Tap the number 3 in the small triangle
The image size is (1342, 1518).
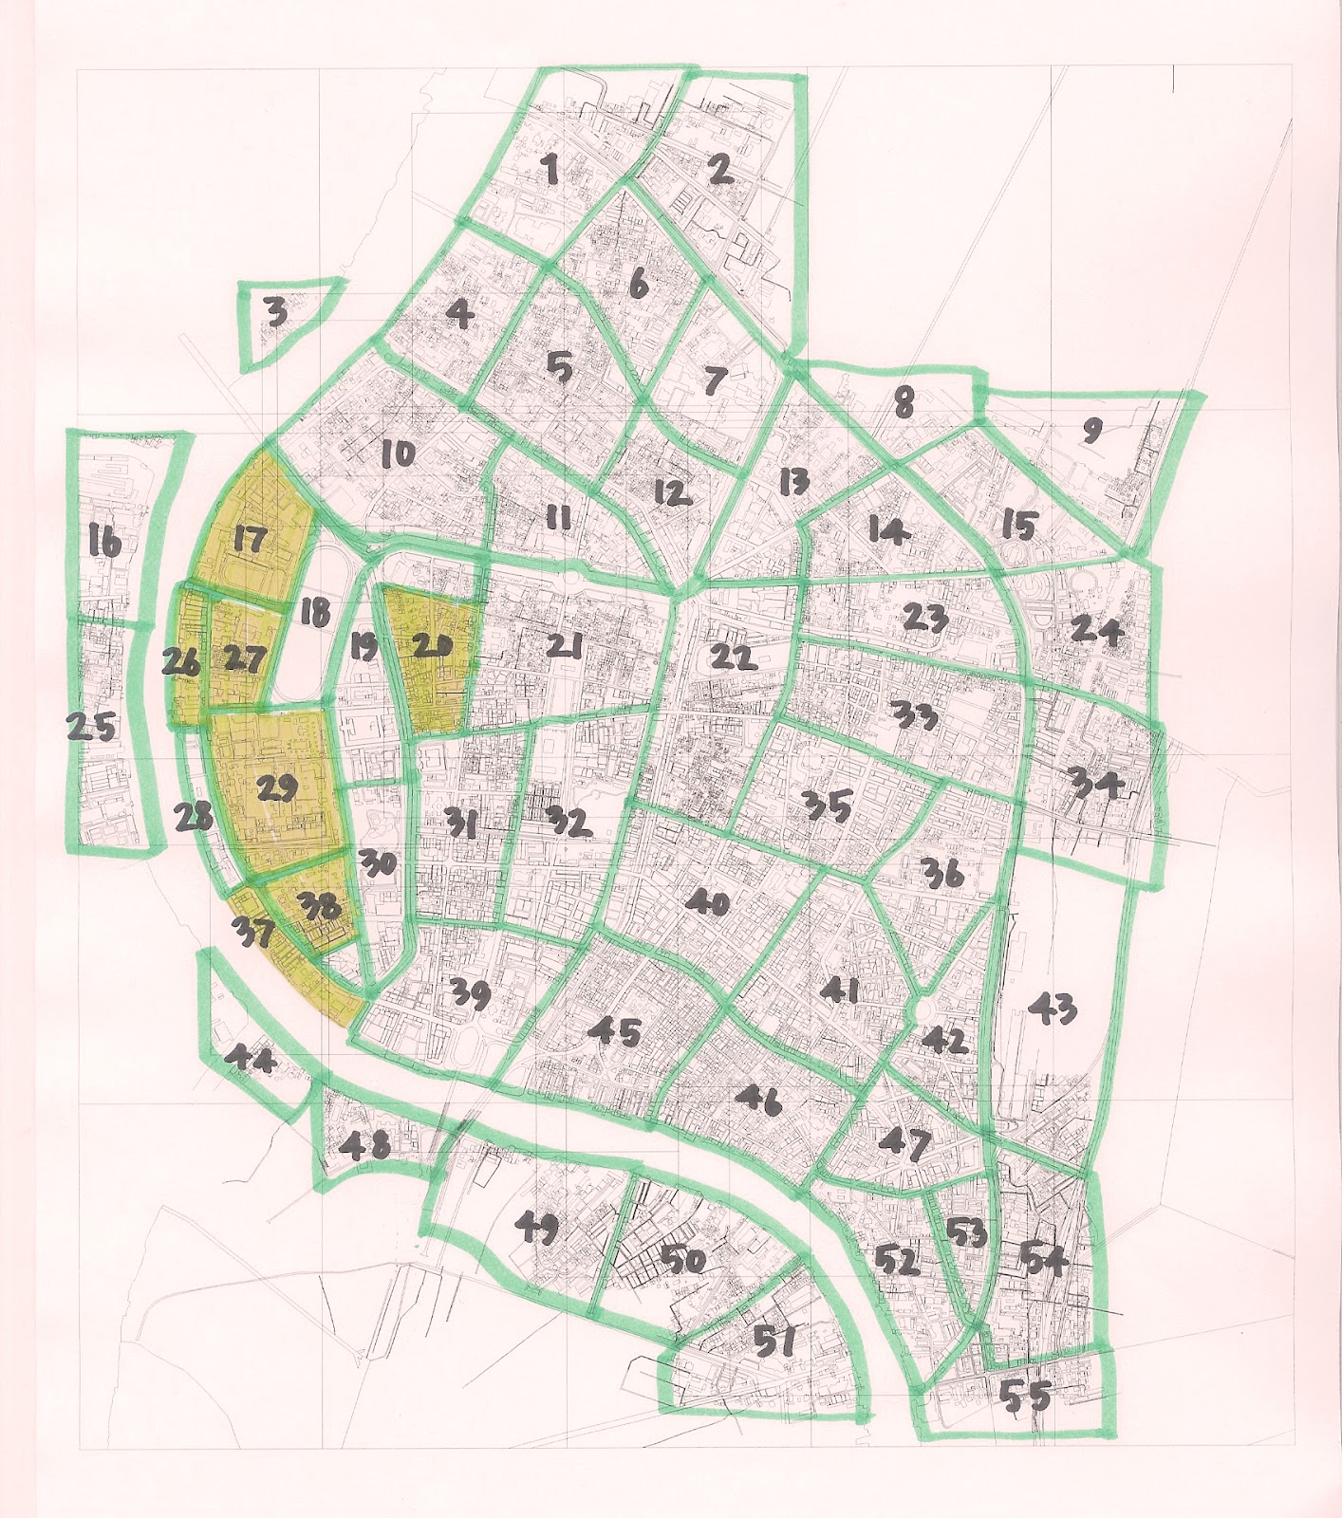pos(276,313)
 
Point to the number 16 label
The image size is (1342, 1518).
pos(103,544)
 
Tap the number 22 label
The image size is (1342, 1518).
pos(735,656)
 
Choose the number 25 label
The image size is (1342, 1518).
pos(91,729)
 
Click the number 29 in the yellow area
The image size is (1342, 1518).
pos(276,787)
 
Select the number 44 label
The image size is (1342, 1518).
pos(253,1064)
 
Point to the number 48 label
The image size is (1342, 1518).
pos(369,1147)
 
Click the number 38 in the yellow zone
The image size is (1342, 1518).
pos(319,908)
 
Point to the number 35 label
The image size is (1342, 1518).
pos(827,806)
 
